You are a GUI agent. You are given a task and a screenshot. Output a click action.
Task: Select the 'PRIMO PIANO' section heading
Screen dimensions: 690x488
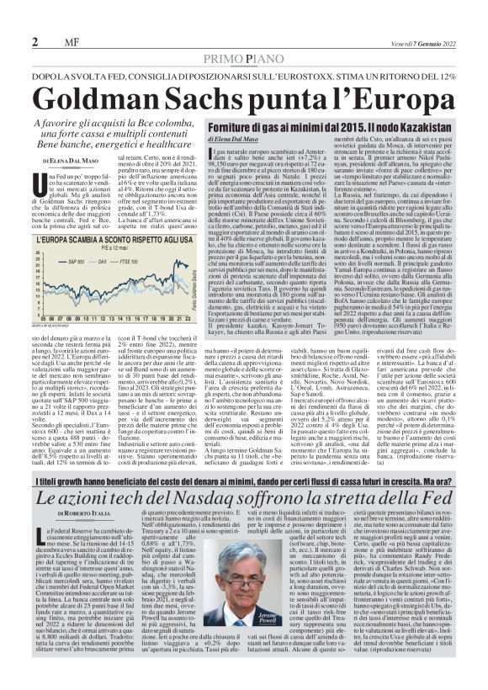coord(245,58)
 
